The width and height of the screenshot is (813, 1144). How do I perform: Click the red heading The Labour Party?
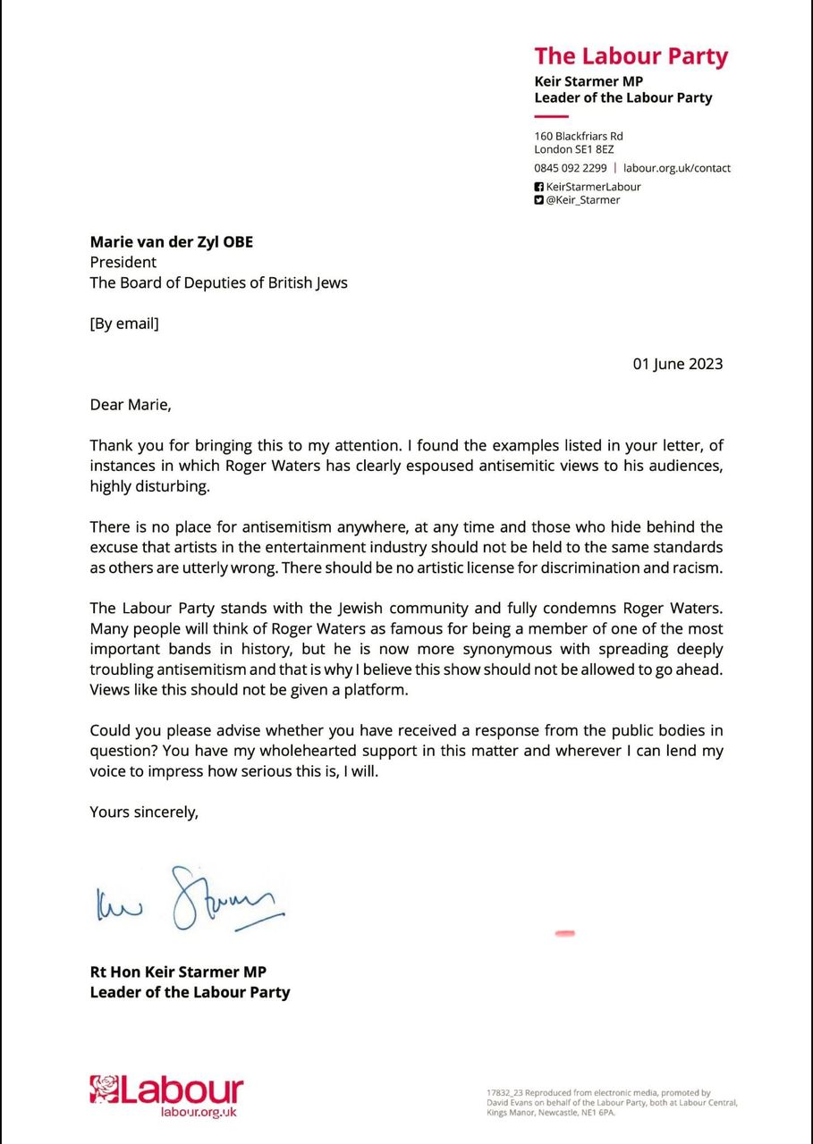(631, 56)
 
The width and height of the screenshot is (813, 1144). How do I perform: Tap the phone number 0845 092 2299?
(571, 168)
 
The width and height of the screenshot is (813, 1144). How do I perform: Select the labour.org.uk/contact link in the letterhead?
(677, 168)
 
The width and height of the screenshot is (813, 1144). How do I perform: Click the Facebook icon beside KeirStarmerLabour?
(538, 187)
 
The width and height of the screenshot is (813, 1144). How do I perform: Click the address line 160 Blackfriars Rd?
(579, 136)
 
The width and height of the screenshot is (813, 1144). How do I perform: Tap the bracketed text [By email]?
(124, 324)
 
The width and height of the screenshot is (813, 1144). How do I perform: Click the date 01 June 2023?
(677, 364)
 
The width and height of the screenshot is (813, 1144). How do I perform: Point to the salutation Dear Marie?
(130, 404)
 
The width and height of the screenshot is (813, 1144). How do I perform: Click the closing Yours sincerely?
(144, 812)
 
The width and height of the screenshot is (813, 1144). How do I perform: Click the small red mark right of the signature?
(564, 934)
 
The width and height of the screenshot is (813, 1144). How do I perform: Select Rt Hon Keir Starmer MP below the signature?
(178, 972)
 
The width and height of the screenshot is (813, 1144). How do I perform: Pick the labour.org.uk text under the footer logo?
(198, 1112)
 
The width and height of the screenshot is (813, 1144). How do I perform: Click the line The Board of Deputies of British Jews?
(218, 283)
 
